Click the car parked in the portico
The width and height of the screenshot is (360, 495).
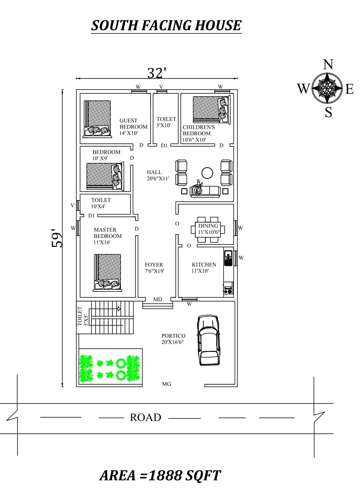point(208,340)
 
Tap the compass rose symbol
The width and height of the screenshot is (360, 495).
point(327,88)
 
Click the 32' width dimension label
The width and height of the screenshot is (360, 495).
point(156,73)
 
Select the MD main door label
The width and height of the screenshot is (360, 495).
point(158,299)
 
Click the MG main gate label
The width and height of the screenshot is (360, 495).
point(166,384)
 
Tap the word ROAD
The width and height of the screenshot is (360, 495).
point(145,417)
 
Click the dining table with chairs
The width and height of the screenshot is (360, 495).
point(208,229)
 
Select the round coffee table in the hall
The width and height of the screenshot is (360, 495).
point(207,173)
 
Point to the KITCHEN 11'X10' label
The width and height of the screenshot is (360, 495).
point(204,268)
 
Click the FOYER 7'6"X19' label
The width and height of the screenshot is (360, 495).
point(154,268)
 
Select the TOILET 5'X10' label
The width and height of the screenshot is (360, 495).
point(166,122)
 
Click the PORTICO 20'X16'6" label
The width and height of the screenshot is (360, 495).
point(173,339)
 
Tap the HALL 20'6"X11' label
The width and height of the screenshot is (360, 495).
point(158,175)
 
